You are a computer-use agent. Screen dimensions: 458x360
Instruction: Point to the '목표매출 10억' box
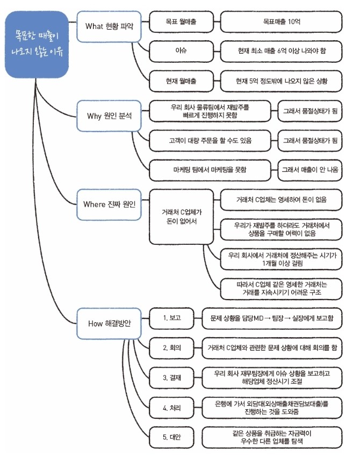281,23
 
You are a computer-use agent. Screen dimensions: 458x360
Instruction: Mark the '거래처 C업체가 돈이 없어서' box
180,215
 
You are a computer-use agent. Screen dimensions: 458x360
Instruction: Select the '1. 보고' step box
172,318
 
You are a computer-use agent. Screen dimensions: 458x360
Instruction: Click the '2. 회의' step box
172,347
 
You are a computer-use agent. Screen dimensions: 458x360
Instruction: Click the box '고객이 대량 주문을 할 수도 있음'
209,141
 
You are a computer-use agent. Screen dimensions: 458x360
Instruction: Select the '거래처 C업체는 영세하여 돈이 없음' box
281,199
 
